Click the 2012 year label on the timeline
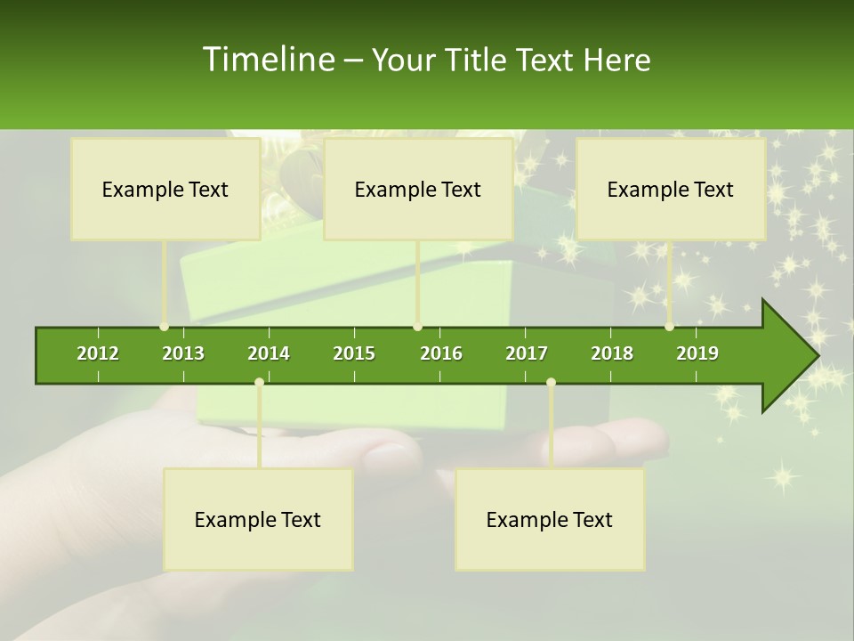click(98, 353)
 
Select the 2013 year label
click(183, 353)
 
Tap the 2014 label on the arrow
click(269, 353)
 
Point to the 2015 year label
click(354, 353)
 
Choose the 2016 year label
click(441, 353)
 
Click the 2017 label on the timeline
click(527, 353)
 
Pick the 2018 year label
click(612, 353)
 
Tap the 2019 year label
click(697, 353)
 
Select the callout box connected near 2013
click(165, 189)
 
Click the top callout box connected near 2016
click(418, 189)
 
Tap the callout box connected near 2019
click(671, 189)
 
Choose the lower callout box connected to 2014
click(258, 519)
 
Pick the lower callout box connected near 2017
click(550, 519)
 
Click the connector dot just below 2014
click(259, 383)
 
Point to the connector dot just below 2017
click(551, 383)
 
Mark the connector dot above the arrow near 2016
click(418, 327)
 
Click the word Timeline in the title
click(268, 60)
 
